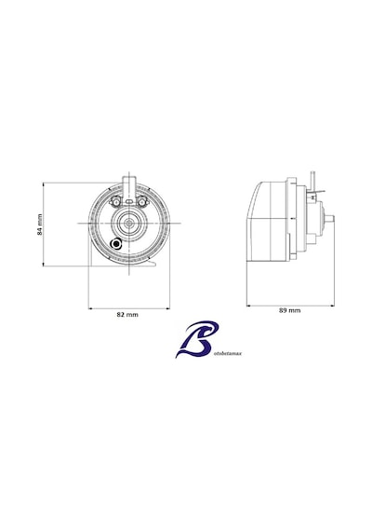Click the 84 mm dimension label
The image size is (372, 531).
tap(40, 225)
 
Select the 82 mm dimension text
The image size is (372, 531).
tap(127, 315)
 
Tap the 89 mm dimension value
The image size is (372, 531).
tap(290, 310)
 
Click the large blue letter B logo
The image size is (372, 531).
tap(197, 339)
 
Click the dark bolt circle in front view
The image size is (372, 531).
tap(116, 244)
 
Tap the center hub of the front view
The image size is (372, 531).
tap(129, 224)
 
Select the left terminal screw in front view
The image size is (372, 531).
tap(114, 202)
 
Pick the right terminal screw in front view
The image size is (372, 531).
tap(142, 202)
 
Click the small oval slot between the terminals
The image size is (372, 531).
tap(129, 201)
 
